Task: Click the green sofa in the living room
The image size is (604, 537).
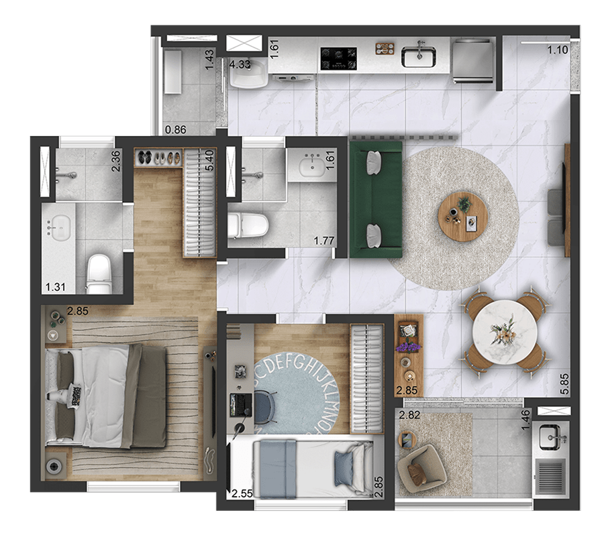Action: tap(376, 199)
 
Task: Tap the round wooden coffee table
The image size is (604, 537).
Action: tap(463, 217)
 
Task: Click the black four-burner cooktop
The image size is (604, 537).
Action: tap(339, 58)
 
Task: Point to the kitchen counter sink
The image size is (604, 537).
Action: tap(419, 56)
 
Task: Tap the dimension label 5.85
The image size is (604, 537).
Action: tap(564, 383)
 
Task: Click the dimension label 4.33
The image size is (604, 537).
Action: tap(240, 64)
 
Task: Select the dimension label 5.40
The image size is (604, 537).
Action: tap(209, 160)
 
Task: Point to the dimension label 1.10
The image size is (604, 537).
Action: tap(558, 50)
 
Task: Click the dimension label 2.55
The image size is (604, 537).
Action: tap(242, 493)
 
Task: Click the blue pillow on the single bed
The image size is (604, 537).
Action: tap(344, 468)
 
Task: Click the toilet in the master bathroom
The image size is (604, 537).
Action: tap(99, 274)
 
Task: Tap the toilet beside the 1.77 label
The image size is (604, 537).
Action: tap(248, 226)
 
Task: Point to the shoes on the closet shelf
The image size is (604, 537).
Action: tap(159, 158)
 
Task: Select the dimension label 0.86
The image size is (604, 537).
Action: tap(176, 129)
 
